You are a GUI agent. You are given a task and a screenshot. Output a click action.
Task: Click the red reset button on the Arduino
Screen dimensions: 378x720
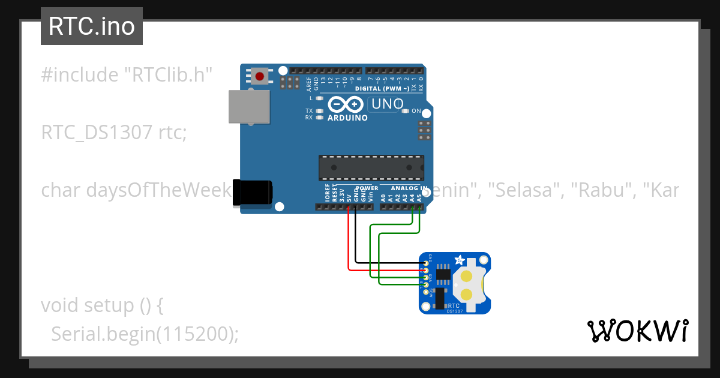pyautogui.click(x=260, y=76)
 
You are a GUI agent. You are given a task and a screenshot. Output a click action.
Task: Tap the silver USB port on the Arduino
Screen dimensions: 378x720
pyautogui.click(x=247, y=107)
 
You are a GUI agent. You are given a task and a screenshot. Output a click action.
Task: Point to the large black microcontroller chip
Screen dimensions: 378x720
pyautogui.click(x=371, y=167)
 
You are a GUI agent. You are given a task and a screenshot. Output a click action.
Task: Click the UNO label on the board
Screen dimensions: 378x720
pyautogui.click(x=387, y=104)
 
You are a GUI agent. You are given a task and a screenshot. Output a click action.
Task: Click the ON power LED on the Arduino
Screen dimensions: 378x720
pyautogui.click(x=406, y=111)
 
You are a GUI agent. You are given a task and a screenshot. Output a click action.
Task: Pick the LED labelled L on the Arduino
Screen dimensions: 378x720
pyautogui.click(x=319, y=98)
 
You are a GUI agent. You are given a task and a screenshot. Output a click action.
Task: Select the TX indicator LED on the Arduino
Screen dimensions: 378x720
pyautogui.click(x=319, y=111)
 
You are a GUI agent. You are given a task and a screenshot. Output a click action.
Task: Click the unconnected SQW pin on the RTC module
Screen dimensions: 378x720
pyautogui.click(x=427, y=292)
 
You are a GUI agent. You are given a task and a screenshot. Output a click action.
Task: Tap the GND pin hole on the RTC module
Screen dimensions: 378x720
pyautogui.click(x=427, y=263)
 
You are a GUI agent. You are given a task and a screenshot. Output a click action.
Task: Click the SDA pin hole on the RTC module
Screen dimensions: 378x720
pyautogui.click(x=427, y=277)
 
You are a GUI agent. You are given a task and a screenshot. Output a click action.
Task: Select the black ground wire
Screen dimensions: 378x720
pyautogui.click(x=356, y=240)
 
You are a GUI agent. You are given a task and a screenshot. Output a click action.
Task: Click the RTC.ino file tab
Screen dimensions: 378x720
pyautogui.click(x=92, y=26)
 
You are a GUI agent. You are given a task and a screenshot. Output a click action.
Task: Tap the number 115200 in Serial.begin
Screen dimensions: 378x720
pyautogui.click(x=194, y=334)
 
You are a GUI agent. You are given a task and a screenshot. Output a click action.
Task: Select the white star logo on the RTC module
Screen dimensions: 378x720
pyautogui.click(x=459, y=260)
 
